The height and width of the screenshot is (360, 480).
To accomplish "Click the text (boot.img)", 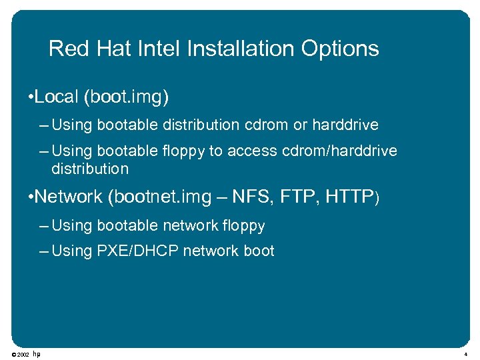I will click(126, 98).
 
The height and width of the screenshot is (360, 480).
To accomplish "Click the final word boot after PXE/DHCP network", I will click(259, 251).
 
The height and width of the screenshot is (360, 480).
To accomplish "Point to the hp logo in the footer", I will click(37, 353).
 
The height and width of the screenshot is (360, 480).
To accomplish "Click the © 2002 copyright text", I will click(20, 354).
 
